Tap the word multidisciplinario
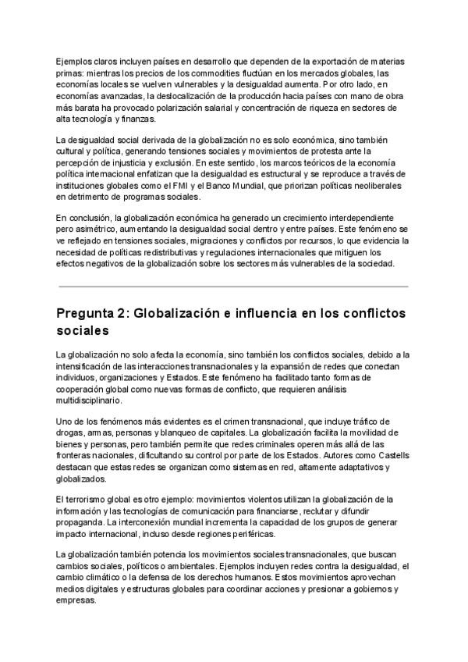(x=89, y=400)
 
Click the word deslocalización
(x=183, y=98)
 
